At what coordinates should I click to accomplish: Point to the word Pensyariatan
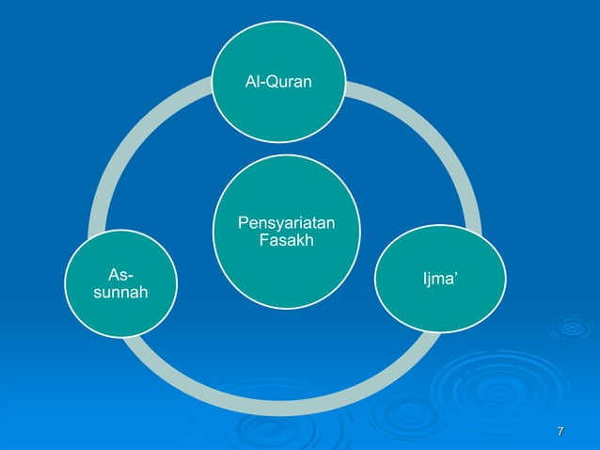[x=285, y=223]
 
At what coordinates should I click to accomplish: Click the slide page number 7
[x=561, y=432]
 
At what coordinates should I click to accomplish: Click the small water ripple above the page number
[x=571, y=328]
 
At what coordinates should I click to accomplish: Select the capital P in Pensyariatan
[x=244, y=223]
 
